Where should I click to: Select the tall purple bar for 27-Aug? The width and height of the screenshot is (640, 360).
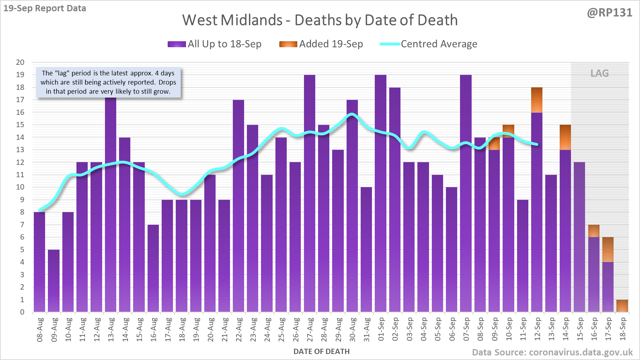click(x=310, y=193)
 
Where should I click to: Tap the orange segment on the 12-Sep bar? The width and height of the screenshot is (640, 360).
click(x=537, y=100)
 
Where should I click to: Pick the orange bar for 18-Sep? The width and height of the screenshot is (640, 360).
click(x=622, y=306)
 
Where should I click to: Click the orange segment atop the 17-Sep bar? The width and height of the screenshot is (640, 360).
click(x=608, y=249)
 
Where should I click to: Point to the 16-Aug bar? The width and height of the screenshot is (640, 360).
click(x=153, y=268)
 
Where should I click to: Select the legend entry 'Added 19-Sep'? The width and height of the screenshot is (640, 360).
click(x=321, y=44)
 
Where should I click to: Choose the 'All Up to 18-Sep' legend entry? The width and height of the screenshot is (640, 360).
click(x=215, y=44)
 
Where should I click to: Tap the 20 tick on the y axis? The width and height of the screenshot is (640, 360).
click(x=20, y=62)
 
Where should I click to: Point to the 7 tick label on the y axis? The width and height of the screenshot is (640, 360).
click(x=22, y=225)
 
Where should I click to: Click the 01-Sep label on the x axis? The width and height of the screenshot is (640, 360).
click(x=381, y=329)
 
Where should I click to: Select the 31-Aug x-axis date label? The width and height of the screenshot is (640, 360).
click(x=367, y=329)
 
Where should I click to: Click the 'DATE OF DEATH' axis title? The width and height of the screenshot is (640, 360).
click(x=321, y=352)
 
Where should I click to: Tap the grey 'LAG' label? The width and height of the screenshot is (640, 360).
click(x=599, y=73)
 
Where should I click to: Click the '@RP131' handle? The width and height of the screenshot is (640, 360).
click(x=609, y=13)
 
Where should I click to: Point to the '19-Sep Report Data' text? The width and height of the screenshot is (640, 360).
click(x=45, y=8)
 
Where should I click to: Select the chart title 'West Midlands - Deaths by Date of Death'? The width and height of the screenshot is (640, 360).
click(x=320, y=20)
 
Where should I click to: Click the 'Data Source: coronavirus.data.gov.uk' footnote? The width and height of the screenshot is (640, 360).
click(x=552, y=352)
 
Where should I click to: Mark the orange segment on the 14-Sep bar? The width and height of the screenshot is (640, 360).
click(x=565, y=137)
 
